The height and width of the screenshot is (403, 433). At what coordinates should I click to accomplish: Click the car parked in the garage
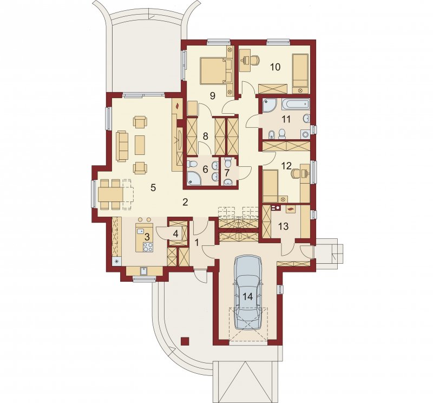tap(248, 292)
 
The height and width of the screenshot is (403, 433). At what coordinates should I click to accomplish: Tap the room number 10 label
tap(275, 67)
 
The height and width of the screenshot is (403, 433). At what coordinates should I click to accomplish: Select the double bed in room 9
tap(216, 70)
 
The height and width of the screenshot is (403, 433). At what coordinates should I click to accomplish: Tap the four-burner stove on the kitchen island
tap(148, 247)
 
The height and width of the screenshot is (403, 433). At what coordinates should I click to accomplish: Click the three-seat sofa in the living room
tap(122, 146)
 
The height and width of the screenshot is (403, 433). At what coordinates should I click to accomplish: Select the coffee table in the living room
tap(140, 145)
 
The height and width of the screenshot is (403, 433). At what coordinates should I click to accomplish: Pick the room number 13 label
tap(283, 226)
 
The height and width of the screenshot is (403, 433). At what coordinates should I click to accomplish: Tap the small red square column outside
tap(185, 341)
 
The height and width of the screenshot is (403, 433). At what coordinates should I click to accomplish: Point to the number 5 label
tap(153, 187)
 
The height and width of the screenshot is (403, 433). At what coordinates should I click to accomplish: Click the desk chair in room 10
tap(255, 60)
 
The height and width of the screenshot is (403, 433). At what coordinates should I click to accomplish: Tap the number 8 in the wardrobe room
tap(205, 136)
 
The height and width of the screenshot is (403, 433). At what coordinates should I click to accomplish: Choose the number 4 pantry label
tap(175, 234)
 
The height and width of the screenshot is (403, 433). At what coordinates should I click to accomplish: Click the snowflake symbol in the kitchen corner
tap(116, 261)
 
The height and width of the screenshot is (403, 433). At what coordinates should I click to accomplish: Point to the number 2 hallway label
tap(185, 203)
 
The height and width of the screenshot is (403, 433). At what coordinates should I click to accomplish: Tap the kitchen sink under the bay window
tap(143, 271)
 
